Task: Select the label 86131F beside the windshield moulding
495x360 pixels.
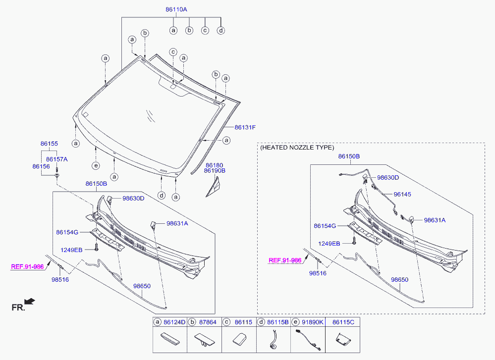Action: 245,127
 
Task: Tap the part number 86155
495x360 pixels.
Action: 49,144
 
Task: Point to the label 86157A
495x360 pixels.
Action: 56,159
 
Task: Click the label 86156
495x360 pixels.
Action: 41,167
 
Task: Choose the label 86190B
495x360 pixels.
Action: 215,170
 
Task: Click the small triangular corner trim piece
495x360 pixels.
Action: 216,188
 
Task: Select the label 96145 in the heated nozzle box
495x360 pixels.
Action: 402,194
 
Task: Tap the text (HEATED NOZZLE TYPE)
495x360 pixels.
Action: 297,148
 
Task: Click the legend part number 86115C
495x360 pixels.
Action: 343,322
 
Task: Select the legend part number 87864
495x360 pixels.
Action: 208,322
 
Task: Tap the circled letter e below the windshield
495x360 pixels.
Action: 96,165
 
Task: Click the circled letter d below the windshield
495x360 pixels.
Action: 161,195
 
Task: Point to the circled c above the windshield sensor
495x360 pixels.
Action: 173,52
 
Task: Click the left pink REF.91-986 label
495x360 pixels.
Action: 27,266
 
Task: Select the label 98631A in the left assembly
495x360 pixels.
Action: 177,223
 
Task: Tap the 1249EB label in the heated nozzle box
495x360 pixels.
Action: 329,243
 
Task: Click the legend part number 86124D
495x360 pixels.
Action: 174,322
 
